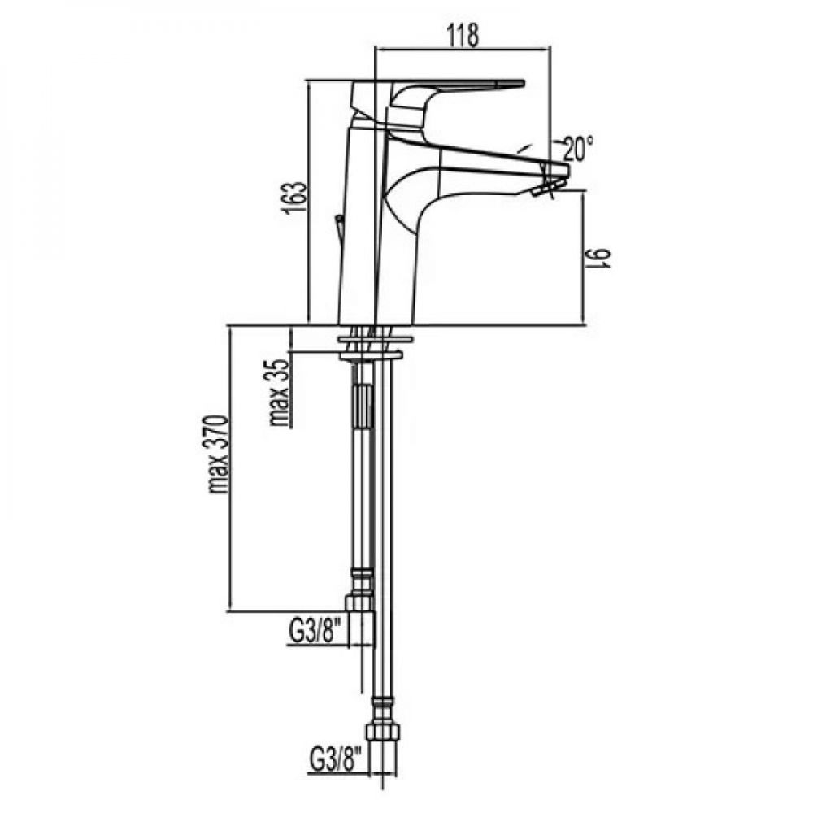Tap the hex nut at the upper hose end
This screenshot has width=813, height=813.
pos(359,602)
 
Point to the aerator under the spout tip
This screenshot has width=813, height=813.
pos(543,191)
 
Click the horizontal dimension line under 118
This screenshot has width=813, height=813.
pos(461,49)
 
